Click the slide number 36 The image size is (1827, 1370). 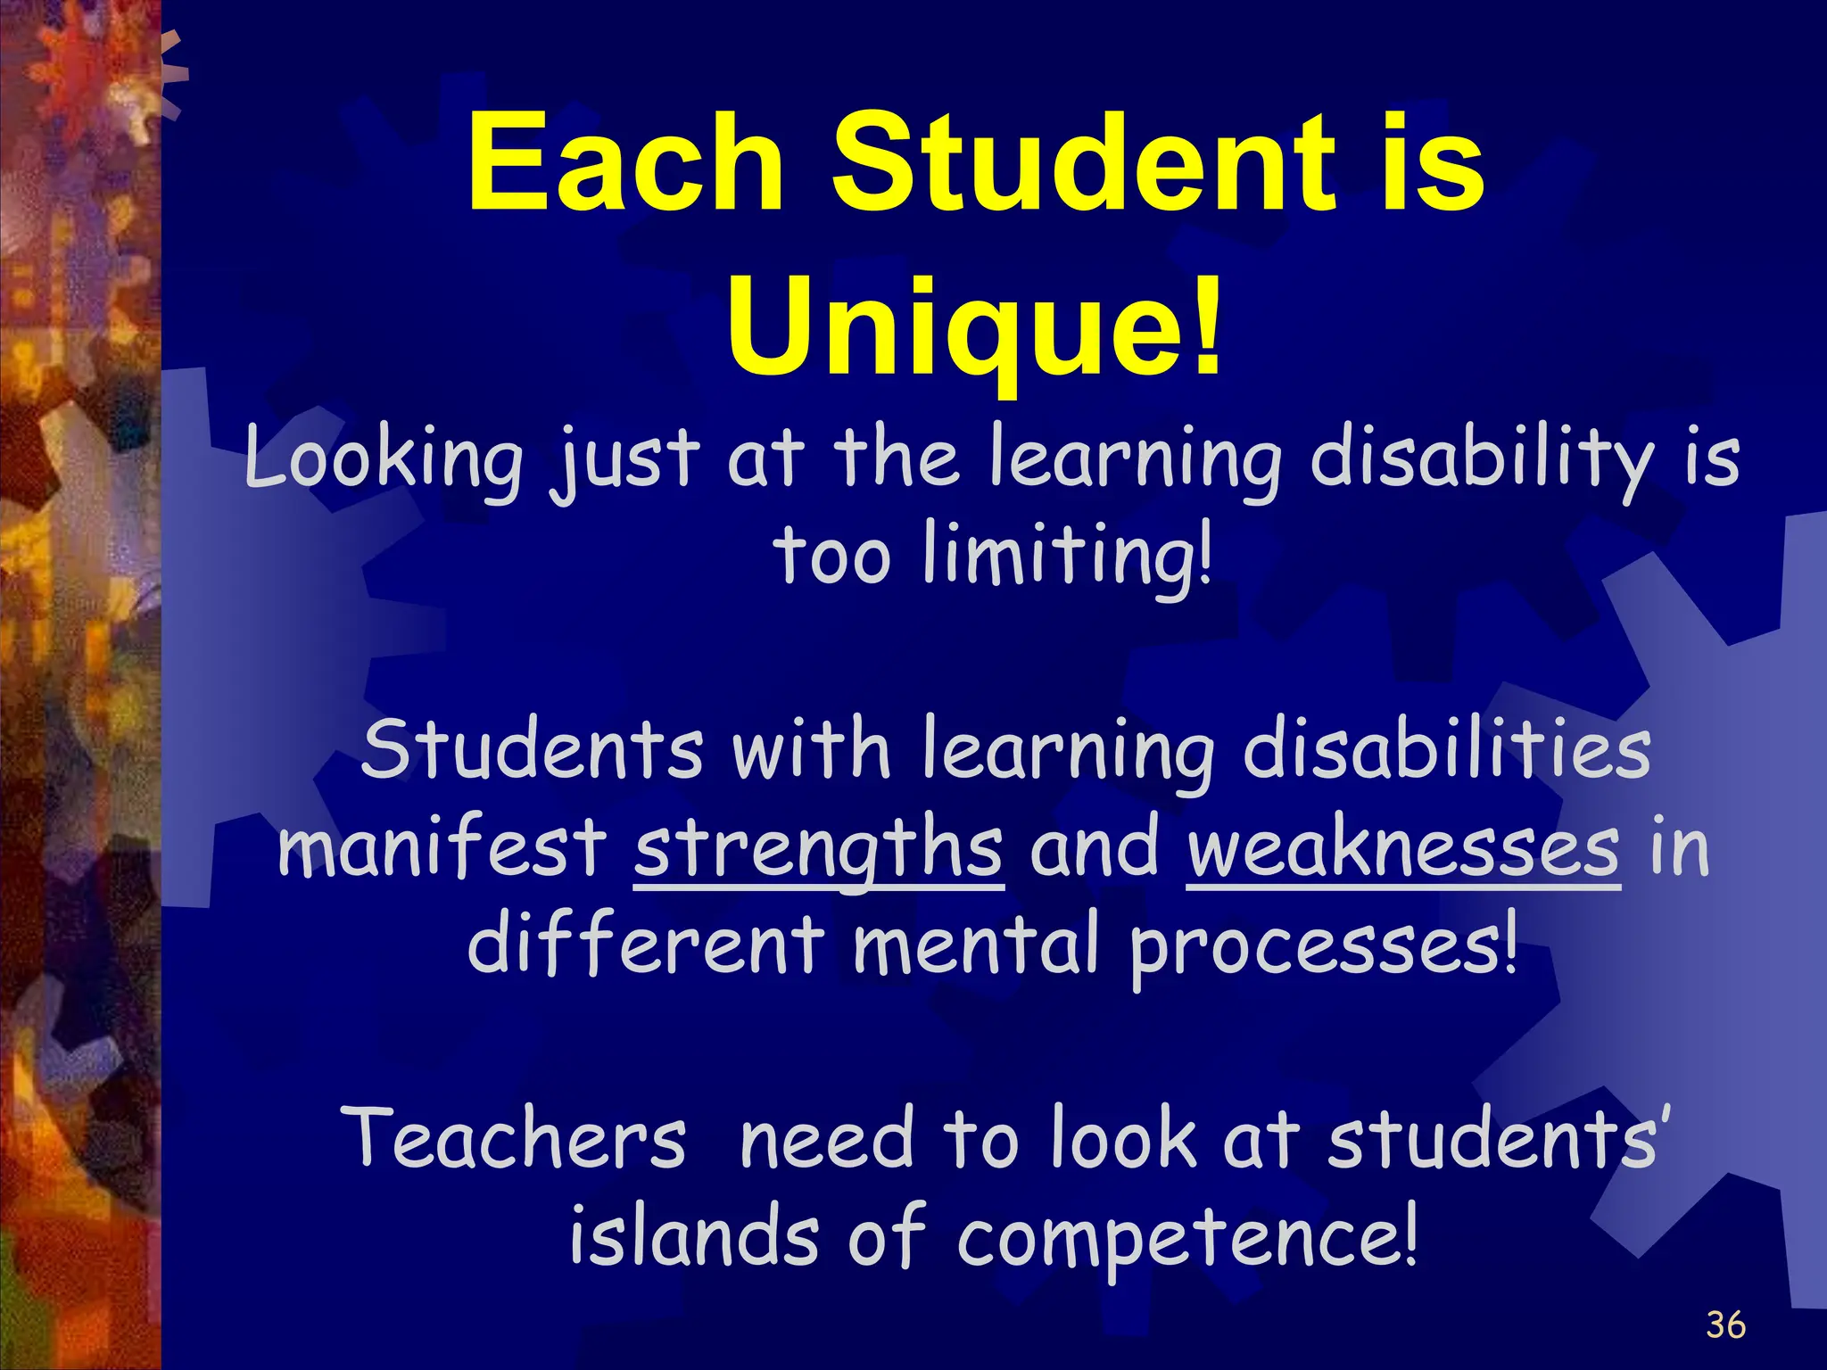[x=1725, y=1325]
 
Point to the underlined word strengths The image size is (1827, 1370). [x=818, y=849]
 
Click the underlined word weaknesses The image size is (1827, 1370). [x=1402, y=849]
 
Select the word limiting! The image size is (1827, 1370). [x=1068, y=557]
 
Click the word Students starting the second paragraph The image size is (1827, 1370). [x=533, y=751]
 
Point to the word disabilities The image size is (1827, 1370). [x=1446, y=751]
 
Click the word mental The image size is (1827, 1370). [x=975, y=945]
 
